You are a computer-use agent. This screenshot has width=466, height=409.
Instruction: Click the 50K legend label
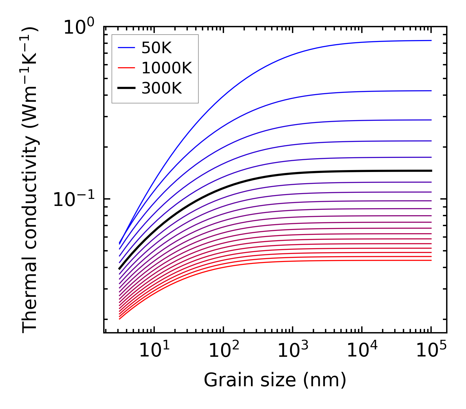[x=156, y=48]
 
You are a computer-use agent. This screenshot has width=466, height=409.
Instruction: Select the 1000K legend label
[x=167, y=68]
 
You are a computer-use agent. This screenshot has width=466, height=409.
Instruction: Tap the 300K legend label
[x=162, y=88]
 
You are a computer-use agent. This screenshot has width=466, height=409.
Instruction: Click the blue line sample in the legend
[x=127, y=48]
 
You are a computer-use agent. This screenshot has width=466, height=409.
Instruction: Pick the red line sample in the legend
[x=127, y=68]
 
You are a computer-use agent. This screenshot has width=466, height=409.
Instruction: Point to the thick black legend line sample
[x=127, y=88]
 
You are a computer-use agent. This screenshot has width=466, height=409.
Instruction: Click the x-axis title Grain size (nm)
[x=275, y=380]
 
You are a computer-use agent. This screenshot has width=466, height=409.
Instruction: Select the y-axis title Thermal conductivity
[x=30, y=179]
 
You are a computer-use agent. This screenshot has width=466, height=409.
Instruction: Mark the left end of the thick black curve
[x=119, y=269]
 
